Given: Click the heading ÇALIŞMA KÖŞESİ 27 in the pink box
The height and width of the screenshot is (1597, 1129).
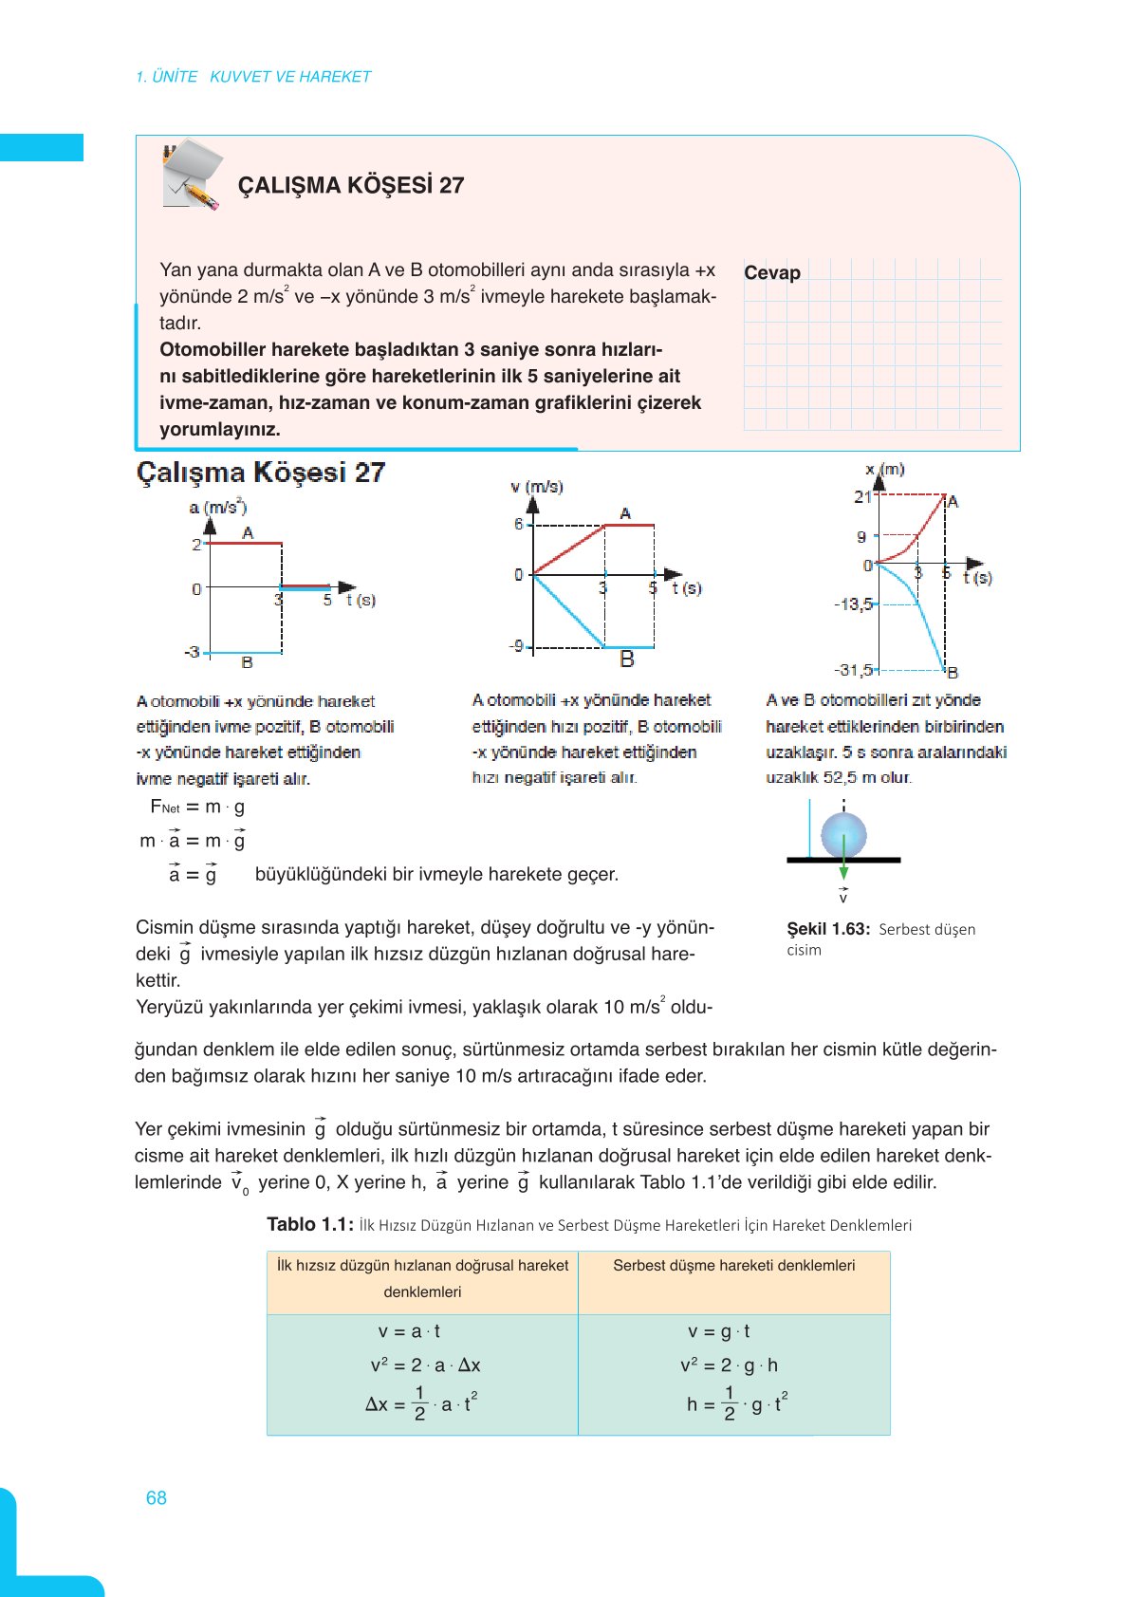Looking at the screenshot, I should pos(350,185).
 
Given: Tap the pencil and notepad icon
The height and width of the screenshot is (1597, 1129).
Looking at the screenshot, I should pos(192,175).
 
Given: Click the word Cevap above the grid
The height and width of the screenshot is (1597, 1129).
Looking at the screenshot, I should pos(771,273).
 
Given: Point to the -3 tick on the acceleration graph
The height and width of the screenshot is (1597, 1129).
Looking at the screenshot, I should pos(193,652).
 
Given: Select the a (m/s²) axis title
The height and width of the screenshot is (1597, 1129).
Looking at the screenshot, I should pos(217,507).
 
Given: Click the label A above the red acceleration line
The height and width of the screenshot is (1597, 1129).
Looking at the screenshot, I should pos(248,532).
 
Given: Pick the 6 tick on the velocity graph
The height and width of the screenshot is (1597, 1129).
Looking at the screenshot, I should pos(519,524).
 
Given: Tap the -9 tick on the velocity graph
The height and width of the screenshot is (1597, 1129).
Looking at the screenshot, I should pos(516,646).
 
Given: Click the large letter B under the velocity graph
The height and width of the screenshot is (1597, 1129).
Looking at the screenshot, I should pos(626,659).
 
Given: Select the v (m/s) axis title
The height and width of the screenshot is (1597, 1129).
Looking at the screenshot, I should pos(537,487).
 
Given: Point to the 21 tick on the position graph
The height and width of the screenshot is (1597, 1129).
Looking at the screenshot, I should pos(861,496).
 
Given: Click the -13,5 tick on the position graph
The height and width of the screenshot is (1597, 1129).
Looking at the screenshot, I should pos(853,604).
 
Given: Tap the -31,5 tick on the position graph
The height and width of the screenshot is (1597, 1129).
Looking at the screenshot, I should pos(853,670).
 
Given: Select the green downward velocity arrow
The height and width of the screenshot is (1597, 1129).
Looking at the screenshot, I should pos(843,868).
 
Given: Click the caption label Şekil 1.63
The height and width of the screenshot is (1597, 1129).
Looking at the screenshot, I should pos(827,929).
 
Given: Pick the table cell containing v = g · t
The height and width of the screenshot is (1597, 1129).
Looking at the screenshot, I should pos(719,1331).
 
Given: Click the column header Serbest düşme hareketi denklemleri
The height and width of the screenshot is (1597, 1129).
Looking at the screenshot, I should pos(733,1266).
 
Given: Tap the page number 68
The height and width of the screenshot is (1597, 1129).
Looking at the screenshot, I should pos(157,1497).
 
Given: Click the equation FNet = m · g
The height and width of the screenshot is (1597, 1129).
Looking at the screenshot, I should pos(197,808).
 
